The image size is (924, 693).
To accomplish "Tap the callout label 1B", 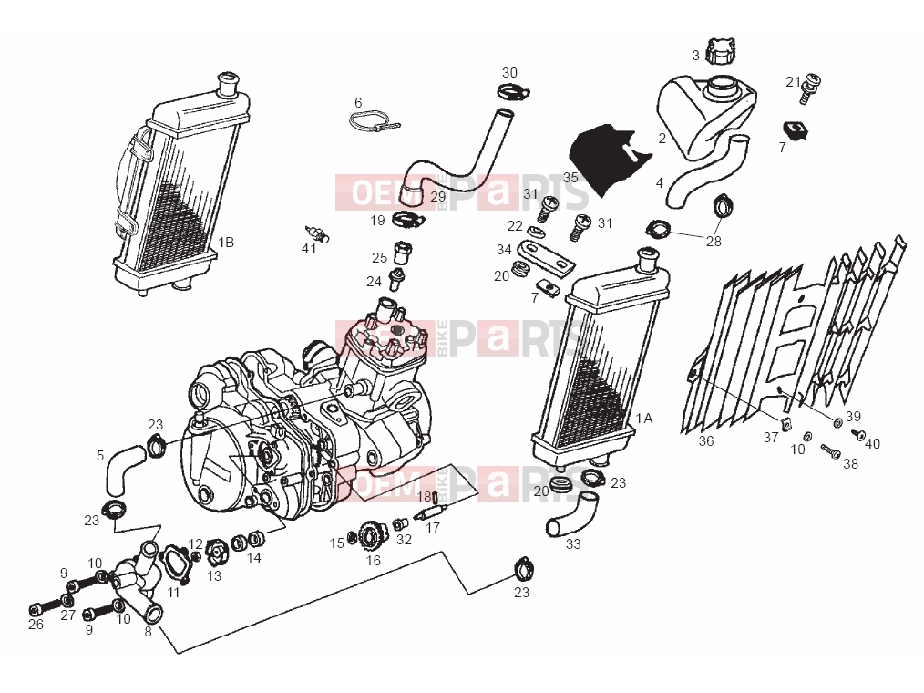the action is (x=226, y=243).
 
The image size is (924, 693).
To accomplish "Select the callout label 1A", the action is (x=644, y=419).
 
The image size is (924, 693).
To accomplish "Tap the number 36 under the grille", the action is (x=706, y=441).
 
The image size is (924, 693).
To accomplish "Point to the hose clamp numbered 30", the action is (x=513, y=92).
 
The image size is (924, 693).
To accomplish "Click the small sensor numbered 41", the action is (x=317, y=233).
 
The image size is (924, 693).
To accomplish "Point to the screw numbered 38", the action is (x=830, y=451).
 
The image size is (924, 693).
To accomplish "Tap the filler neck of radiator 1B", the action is (x=228, y=83).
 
